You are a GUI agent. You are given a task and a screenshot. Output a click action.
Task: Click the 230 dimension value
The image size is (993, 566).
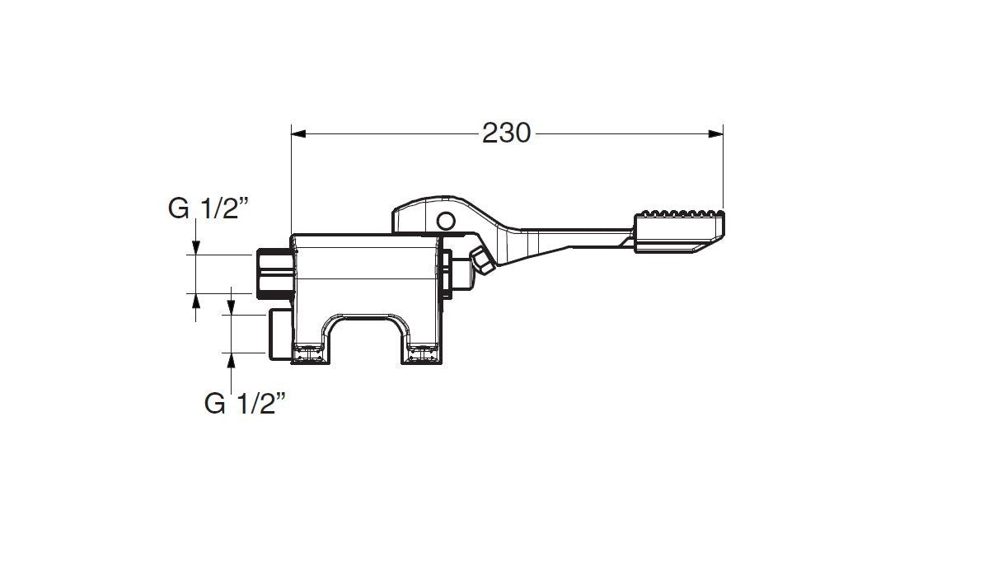tap(506, 133)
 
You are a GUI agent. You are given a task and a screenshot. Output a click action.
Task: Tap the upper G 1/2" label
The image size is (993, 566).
tap(208, 208)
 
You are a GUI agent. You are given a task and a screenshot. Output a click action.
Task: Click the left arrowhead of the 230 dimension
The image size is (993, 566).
tap(298, 133)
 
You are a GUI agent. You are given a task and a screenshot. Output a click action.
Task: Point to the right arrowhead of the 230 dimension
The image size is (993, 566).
tap(715, 133)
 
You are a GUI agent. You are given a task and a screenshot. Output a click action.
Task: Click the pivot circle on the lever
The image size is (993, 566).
tap(446, 221)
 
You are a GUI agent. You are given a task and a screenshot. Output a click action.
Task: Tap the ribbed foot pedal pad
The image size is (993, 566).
tap(679, 232)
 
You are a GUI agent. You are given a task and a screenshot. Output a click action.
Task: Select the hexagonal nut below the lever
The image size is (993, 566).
tap(482, 260)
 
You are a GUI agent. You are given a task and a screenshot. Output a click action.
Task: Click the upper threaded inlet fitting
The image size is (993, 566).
tap(275, 274)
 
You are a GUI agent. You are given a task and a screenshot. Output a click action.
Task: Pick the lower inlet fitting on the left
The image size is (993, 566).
tap(279, 334)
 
